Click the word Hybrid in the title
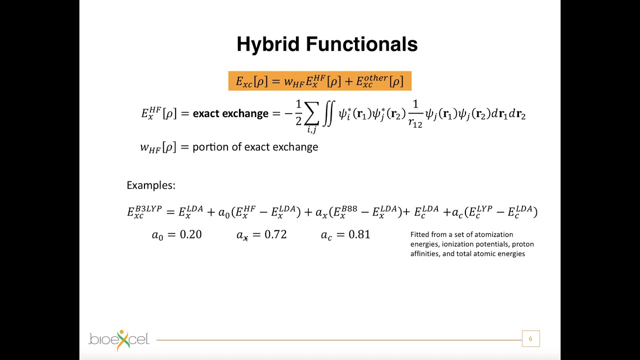[x=268, y=44]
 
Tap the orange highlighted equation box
[x=319, y=81]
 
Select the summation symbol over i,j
[x=311, y=115]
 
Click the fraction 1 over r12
[x=415, y=114]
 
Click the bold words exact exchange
[x=230, y=113]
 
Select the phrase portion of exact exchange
[x=255, y=147]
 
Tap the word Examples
[x=150, y=185]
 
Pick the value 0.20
[x=190, y=234]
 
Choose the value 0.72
[x=275, y=234]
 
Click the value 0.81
[x=359, y=234]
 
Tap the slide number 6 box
[x=530, y=339]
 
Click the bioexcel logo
[x=119, y=339]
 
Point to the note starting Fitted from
[x=471, y=244]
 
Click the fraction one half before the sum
[x=298, y=113]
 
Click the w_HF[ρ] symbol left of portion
[x=158, y=147]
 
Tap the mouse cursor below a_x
[x=245, y=238]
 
